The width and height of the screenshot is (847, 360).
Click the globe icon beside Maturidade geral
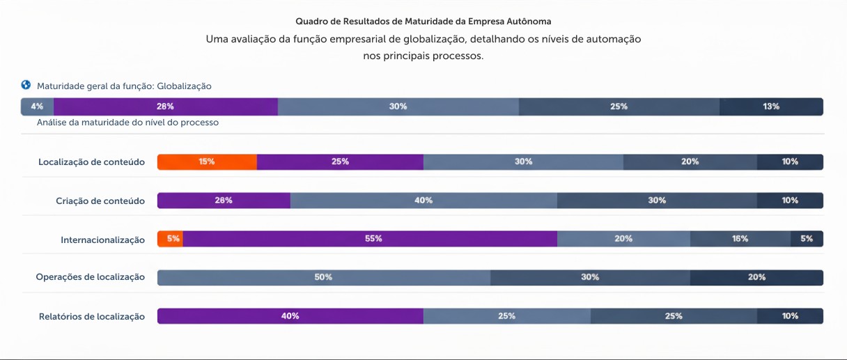(x=26, y=86)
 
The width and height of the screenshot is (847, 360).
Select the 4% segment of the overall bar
(x=38, y=107)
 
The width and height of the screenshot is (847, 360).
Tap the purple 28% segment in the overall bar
(x=166, y=107)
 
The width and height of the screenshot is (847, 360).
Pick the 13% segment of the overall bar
(x=771, y=107)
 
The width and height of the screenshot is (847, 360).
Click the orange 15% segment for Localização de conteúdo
(x=207, y=162)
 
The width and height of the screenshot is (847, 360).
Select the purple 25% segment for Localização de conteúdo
(x=340, y=162)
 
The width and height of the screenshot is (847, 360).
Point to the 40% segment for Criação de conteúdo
(x=423, y=201)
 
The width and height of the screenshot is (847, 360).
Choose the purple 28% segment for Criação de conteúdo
(x=224, y=201)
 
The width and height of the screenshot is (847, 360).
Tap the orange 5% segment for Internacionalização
(x=171, y=239)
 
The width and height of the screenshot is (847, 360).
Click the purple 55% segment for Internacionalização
(x=370, y=239)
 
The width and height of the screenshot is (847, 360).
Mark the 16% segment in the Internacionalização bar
(x=740, y=239)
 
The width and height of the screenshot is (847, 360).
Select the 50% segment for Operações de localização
(x=323, y=277)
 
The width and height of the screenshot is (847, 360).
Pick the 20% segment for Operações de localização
(x=756, y=277)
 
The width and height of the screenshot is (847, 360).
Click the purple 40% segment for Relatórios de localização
(x=290, y=316)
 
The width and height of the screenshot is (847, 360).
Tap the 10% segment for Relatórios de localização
(x=790, y=316)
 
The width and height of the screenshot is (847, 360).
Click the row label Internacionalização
(x=102, y=240)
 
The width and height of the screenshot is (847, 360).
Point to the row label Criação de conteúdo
(x=100, y=201)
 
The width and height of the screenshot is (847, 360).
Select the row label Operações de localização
(x=91, y=277)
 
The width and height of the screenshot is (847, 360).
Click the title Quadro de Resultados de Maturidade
(x=423, y=22)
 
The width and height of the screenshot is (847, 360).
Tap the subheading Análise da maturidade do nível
(x=128, y=123)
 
